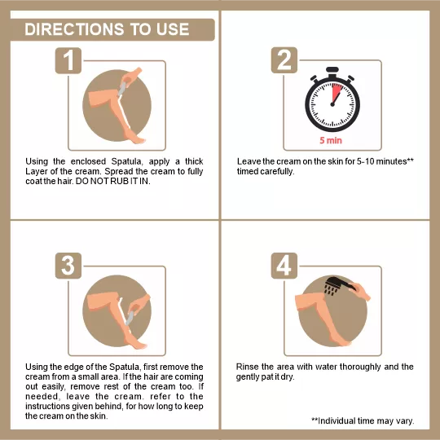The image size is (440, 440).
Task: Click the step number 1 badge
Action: pyautogui.click(x=68, y=60)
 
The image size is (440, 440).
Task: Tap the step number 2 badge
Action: pyautogui.click(x=284, y=60)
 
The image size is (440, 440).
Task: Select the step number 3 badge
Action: pyautogui.click(x=68, y=266)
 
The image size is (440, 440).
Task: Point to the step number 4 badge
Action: pyautogui.click(x=284, y=266)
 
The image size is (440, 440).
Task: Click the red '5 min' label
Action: pyautogui.click(x=331, y=140)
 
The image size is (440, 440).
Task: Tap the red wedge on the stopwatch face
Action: pyautogui.click(x=337, y=93)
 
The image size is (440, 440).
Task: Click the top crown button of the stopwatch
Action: pyautogui.click(x=332, y=70)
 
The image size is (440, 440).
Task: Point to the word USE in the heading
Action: pyautogui.click(x=173, y=29)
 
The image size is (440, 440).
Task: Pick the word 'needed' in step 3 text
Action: pyautogui.click(x=42, y=397)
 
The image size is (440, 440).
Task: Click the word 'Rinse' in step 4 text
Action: pyautogui.click(x=247, y=367)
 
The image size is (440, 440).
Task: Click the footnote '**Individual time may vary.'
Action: pyautogui.click(x=363, y=420)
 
